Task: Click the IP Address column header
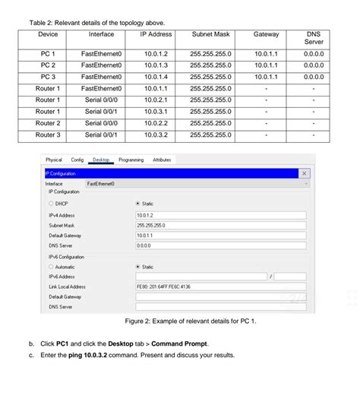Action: point(156,34)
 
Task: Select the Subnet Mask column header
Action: point(212,34)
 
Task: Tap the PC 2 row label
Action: point(48,65)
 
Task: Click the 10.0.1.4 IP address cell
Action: point(156,77)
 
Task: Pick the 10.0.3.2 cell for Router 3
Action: point(156,135)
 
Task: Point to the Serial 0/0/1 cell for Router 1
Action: point(101,111)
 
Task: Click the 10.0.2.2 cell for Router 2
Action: point(156,123)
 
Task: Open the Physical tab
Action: point(54,160)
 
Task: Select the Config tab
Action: point(77,160)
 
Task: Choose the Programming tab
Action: point(131,160)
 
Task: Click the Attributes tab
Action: point(162,160)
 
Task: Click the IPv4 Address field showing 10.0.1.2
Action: point(220,215)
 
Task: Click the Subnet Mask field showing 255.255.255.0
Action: point(220,226)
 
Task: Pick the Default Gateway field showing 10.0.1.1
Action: point(220,236)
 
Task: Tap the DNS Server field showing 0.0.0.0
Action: point(220,246)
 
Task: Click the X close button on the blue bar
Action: point(305,173)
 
